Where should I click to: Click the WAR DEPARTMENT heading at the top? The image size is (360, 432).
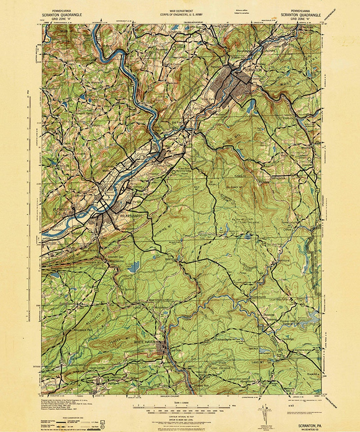(181, 11)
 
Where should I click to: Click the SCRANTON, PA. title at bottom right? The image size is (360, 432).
(307, 425)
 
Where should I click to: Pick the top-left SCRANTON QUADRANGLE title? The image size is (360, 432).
(62, 15)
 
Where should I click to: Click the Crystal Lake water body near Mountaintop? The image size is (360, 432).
(134, 267)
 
